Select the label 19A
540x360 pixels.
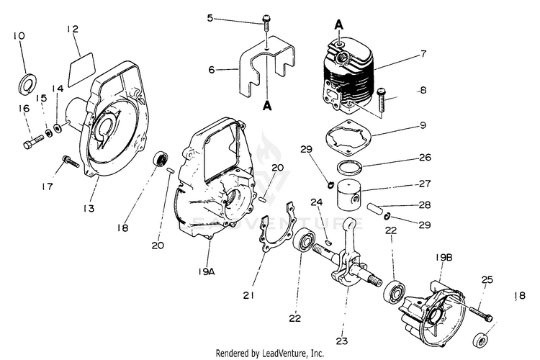[206, 271]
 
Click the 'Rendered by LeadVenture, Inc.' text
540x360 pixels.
[270, 354]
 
